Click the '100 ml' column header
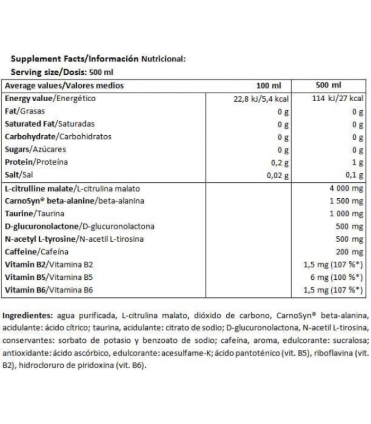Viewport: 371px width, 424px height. coord(267,85)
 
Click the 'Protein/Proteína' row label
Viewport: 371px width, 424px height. coord(36,163)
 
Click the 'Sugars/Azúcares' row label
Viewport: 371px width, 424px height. coord(35,150)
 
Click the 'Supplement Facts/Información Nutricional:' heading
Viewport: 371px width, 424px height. coord(98,59)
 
